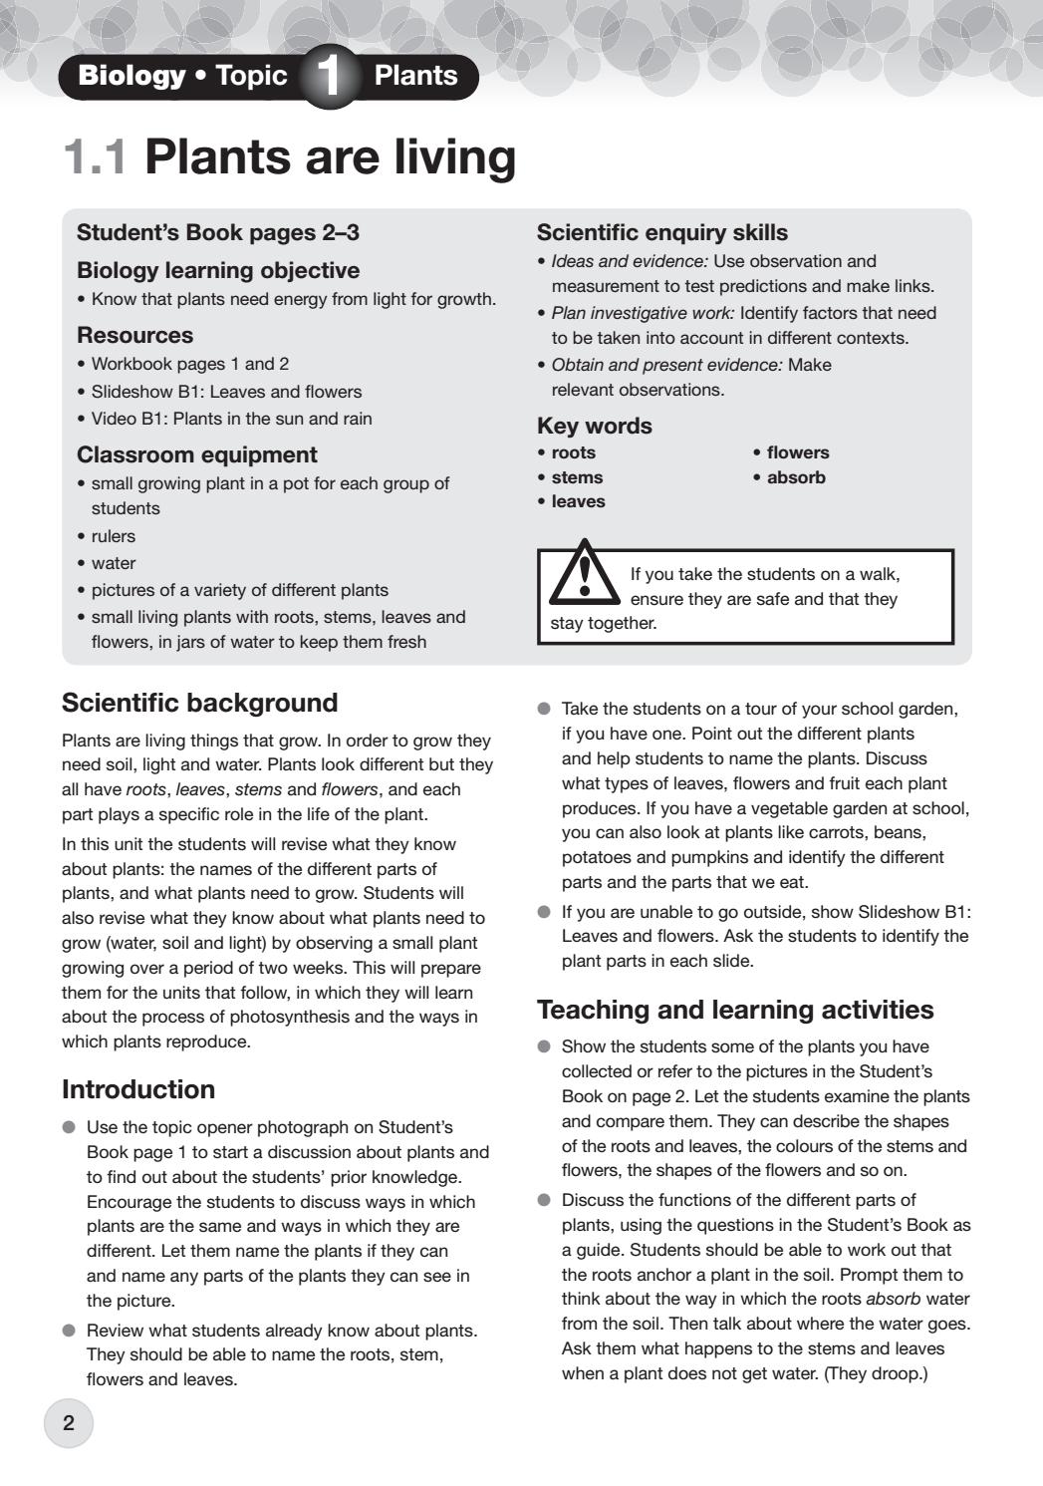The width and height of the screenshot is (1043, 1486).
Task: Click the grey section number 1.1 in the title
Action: coord(96,157)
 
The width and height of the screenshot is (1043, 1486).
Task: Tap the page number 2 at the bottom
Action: coord(68,1423)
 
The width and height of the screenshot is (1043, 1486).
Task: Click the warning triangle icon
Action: coord(584,574)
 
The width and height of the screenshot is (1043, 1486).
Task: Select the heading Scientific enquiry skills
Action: coord(661,232)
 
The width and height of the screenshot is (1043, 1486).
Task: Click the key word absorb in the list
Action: coord(796,477)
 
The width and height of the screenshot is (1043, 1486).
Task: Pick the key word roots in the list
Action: coord(573,452)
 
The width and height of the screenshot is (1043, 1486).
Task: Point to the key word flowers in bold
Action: coord(797,452)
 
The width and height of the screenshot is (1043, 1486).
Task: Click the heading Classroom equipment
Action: coord(196,454)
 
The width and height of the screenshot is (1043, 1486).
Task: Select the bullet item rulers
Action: coord(113,536)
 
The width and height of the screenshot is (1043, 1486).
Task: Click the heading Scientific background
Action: coord(199,703)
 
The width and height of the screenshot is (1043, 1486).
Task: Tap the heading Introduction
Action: coord(137,1088)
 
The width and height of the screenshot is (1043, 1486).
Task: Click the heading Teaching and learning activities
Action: coord(734,1010)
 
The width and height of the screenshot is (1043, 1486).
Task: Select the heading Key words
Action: coord(594,426)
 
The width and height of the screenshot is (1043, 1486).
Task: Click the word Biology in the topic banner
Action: coord(131,76)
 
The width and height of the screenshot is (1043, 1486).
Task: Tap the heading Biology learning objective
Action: coord(217,270)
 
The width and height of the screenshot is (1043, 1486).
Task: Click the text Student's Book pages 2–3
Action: coord(217,232)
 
